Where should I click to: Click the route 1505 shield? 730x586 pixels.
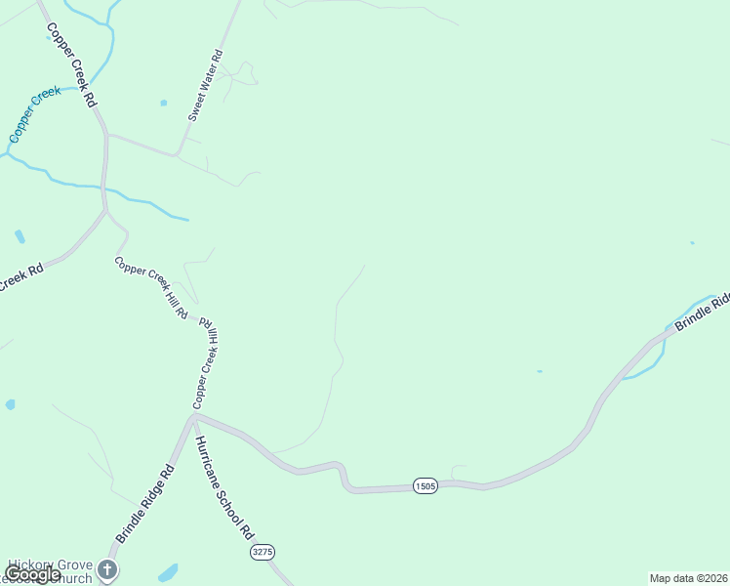[425, 485]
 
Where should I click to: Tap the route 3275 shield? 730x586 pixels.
[261, 552]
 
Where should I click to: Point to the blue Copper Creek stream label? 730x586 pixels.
[34, 114]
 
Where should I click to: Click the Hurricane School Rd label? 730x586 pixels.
[223, 487]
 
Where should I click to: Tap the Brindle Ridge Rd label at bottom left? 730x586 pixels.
[144, 504]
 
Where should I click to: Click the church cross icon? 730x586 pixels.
[111, 567]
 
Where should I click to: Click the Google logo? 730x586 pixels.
[32, 574]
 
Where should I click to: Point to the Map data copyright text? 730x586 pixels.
[688, 578]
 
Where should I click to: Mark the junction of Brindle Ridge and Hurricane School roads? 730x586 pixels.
[194, 416]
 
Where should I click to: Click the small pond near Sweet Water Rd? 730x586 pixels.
[163, 103]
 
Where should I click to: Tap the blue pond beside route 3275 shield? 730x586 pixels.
[168, 571]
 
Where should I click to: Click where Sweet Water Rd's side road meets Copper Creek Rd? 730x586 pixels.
[107, 134]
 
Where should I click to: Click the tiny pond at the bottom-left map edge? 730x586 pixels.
[10, 403]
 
